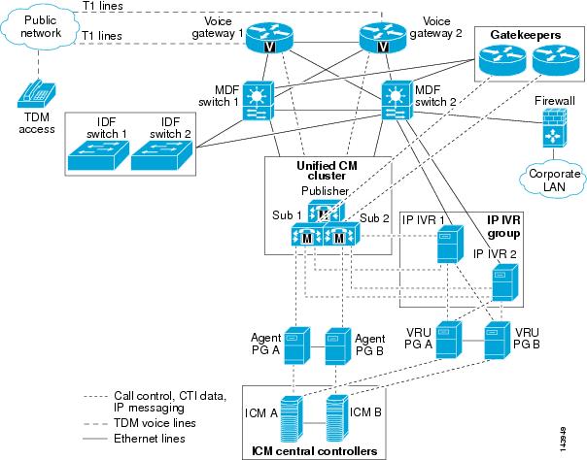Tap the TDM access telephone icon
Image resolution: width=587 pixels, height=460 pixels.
point(36,93)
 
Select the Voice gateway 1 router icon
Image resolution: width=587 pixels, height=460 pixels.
point(269,38)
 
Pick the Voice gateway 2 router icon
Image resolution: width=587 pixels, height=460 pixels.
point(383,38)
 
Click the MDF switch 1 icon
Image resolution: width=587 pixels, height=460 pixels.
point(259,101)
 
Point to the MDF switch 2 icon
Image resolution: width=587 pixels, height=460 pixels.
point(397,101)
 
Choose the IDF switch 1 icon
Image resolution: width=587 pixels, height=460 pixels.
point(98,155)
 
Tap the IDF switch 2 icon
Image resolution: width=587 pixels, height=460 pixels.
point(161,155)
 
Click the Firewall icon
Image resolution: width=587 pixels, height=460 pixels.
point(554,127)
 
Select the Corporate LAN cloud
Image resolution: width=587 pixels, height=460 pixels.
point(553,179)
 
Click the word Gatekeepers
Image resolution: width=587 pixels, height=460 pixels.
point(525,35)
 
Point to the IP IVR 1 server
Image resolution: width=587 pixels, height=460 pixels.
point(450,244)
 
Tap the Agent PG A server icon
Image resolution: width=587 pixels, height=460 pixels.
point(297,345)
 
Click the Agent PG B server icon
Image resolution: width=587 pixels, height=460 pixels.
point(338,346)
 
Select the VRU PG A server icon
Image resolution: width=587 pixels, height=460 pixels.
point(449,340)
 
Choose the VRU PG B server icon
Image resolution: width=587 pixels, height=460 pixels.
point(498,340)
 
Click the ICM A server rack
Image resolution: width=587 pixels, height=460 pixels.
point(292,419)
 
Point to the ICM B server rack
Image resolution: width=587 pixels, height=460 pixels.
point(337,418)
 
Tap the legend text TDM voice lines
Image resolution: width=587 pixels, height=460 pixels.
point(155,423)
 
